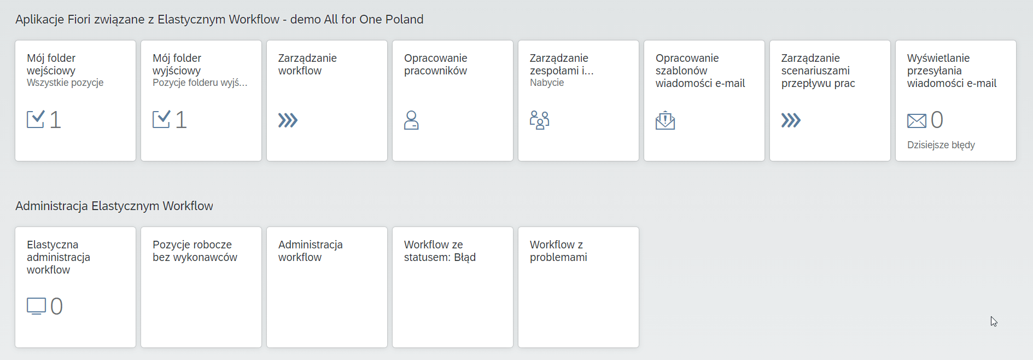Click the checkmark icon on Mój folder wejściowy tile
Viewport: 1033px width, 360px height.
pyautogui.click(x=36, y=119)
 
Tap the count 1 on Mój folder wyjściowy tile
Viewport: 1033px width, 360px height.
pyautogui.click(x=181, y=120)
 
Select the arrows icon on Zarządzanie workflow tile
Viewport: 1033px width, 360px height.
pyautogui.click(x=288, y=120)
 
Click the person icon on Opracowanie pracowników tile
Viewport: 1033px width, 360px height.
pyautogui.click(x=411, y=120)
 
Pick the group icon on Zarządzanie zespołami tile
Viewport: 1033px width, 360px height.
pyautogui.click(x=539, y=120)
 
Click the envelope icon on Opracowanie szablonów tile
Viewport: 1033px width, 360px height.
pyautogui.click(x=665, y=120)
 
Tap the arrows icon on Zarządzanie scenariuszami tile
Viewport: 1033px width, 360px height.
pyautogui.click(x=791, y=120)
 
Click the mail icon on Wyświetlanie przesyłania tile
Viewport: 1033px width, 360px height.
pyautogui.click(x=917, y=120)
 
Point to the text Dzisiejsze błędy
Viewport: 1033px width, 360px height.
pyautogui.click(x=941, y=145)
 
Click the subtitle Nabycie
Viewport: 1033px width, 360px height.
pyautogui.click(x=547, y=83)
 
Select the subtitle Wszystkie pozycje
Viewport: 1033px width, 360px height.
pyautogui.click(x=65, y=83)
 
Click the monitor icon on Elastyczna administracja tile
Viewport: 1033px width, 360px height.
pyautogui.click(x=36, y=306)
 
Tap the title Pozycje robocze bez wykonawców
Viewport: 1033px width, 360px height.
pyautogui.click(x=195, y=251)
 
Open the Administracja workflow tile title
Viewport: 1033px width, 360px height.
pyautogui.click(x=311, y=251)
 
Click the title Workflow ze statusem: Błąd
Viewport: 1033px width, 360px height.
pyautogui.click(x=440, y=251)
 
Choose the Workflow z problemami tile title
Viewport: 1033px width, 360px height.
pyautogui.click(x=558, y=251)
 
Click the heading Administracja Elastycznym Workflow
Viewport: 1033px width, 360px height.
pyautogui.click(x=114, y=206)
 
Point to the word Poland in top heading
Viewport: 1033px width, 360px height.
pyautogui.click(x=404, y=19)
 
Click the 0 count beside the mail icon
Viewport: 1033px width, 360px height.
pyautogui.click(x=937, y=120)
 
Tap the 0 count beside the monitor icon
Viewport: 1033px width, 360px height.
pyautogui.click(x=56, y=306)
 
